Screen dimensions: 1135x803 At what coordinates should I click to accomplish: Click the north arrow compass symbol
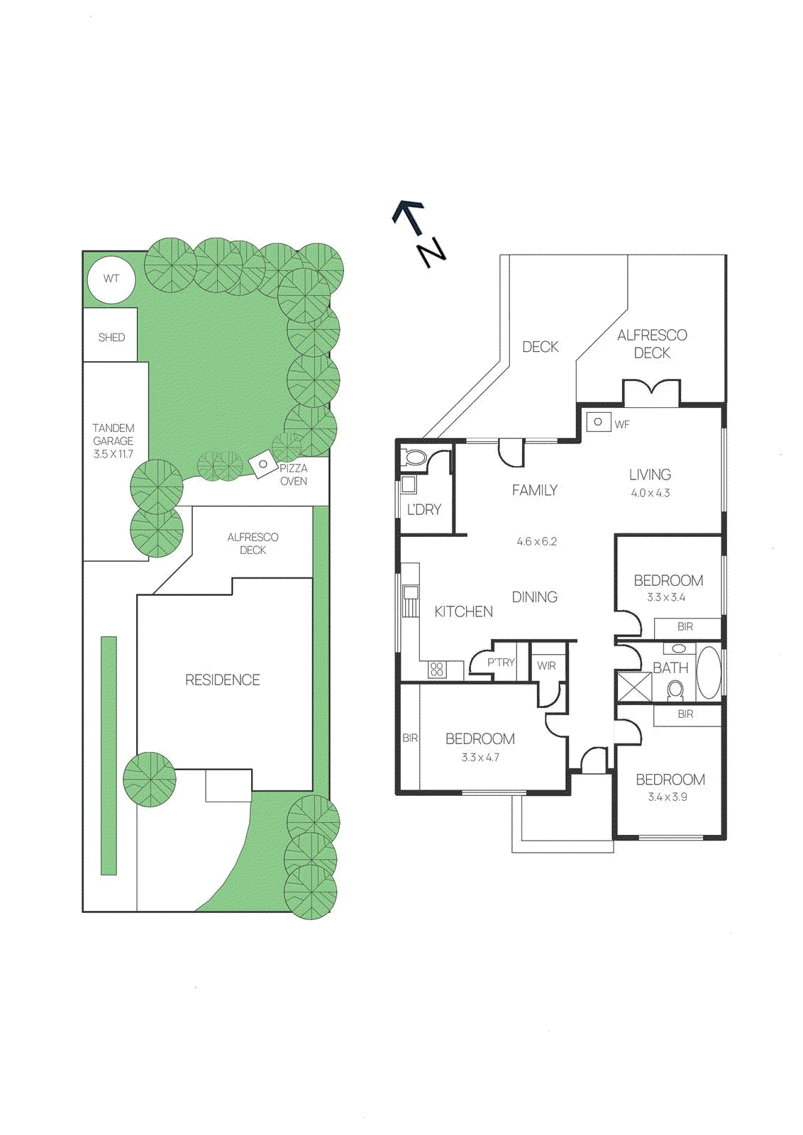point(419,233)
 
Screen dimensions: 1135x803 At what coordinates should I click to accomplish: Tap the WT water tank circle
point(111,279)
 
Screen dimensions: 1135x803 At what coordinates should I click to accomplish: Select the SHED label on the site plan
point(111,338)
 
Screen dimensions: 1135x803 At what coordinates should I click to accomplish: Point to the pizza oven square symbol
point(263,465)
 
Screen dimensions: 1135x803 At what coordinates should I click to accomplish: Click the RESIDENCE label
point(223,680)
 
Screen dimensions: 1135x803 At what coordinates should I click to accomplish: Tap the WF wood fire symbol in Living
point(598,422)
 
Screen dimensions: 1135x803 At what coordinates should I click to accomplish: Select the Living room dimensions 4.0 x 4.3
point(650,493)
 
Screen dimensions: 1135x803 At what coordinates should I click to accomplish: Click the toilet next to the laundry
point(414,458)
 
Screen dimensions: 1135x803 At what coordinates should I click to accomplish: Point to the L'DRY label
point(423,509)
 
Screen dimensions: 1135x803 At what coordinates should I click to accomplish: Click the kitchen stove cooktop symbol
point(437,669)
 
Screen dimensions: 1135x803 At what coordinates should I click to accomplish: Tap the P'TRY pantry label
point(501,662)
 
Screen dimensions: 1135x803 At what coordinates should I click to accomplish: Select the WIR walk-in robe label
point(546,665)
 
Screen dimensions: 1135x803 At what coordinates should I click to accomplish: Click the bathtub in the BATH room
point(709,672)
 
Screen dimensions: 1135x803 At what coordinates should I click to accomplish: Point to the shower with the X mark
point(633,687)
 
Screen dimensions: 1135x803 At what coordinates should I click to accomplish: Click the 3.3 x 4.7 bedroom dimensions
point(480,758)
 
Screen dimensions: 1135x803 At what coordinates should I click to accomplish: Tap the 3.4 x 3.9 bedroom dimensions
point(668,797)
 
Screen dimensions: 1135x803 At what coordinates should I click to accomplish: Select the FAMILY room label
point(535,490)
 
